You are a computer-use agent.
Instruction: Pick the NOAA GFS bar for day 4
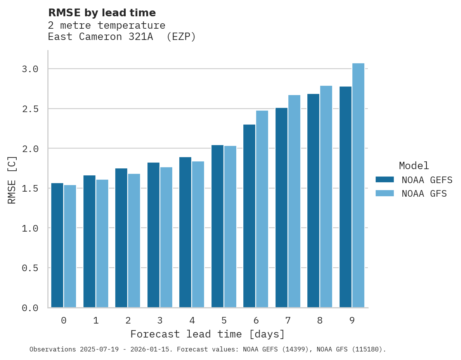(x=198, y=234)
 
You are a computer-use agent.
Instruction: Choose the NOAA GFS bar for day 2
(x=134, y=241)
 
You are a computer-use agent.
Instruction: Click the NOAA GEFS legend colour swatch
(x=385, y=180)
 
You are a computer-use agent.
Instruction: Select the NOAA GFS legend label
(x=424, y=194)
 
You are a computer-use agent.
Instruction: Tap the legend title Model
(x=414, y=166)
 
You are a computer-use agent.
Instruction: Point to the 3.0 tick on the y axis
(x=30, y=69)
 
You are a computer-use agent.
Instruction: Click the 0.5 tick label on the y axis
(x=30, y=268)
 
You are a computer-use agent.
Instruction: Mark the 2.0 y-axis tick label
(x=30, y=149)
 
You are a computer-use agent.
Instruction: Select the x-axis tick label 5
(x=224, y=320)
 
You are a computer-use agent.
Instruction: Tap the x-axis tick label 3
(x=160, y=320)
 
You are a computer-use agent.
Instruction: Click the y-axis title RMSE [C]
(x=12, y=180)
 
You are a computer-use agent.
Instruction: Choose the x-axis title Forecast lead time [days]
(x=208, y=334)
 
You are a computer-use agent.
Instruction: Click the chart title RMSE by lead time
(x=102, y=13)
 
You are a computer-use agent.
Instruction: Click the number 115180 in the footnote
(x=370, y=350)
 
